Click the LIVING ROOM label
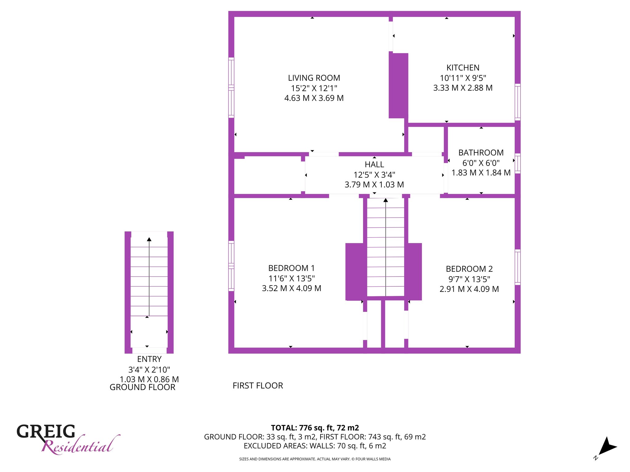click(x=314, y=78)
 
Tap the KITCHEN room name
click(x=463, y=68)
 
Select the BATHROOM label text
click(x=481, y=153)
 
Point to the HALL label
click(x=374, y=164)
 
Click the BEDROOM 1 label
click(x=292, y=268)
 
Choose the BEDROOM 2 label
click(x=469, y=269)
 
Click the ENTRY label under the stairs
click(x=149, y=359)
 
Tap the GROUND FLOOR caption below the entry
click(x=142, y=387)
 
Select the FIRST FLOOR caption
click(x=258, y=386)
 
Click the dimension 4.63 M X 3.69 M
click(x=314, y=98)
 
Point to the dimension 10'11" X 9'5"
click(x=463, y=78)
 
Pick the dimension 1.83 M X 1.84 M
click(x=481, y=173)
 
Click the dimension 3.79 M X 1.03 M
click(x=374, y=185)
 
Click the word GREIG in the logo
click(x=46, y=431)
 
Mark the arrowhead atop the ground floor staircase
click(x=149, y=239)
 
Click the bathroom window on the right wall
click(x=518, y=163)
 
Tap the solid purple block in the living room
click(x=399, y=86)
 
